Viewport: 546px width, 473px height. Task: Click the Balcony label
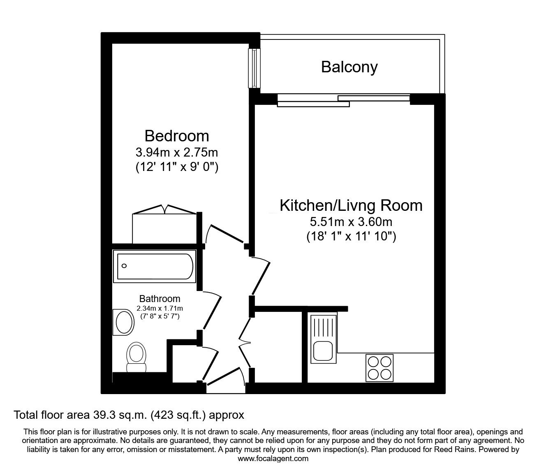(349, 68)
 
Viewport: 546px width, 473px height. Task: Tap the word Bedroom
(177, 136)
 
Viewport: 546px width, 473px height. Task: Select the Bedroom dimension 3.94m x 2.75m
(177, 152)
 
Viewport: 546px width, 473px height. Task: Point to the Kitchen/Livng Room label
(351, 206)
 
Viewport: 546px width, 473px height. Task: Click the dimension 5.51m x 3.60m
(351, 222)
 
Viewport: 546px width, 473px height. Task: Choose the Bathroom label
(160, 299)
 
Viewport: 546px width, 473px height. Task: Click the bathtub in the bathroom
(155, 266)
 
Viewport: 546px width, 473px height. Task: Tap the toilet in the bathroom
(136, 358)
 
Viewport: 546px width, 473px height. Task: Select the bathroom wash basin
(124, 322)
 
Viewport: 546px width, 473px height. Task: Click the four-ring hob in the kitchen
(379, 368)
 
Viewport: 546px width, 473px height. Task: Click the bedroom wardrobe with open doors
(164, 224)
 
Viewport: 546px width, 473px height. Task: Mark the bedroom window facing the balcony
(254, 68)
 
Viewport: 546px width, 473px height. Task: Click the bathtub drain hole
(124, 266)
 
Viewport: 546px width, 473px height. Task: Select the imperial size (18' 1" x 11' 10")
(351, 236)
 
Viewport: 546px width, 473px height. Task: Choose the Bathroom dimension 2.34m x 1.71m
(160, 308)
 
